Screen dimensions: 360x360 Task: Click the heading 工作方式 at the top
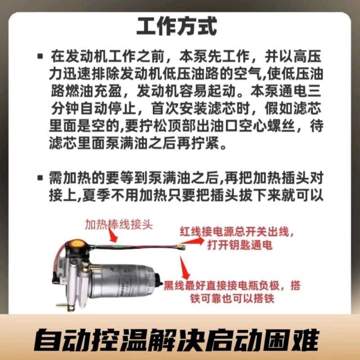click(x=177, y=27)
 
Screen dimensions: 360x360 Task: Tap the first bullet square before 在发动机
click(x=40, y=57)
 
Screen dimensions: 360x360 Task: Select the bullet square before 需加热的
click(x=40, y=177)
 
